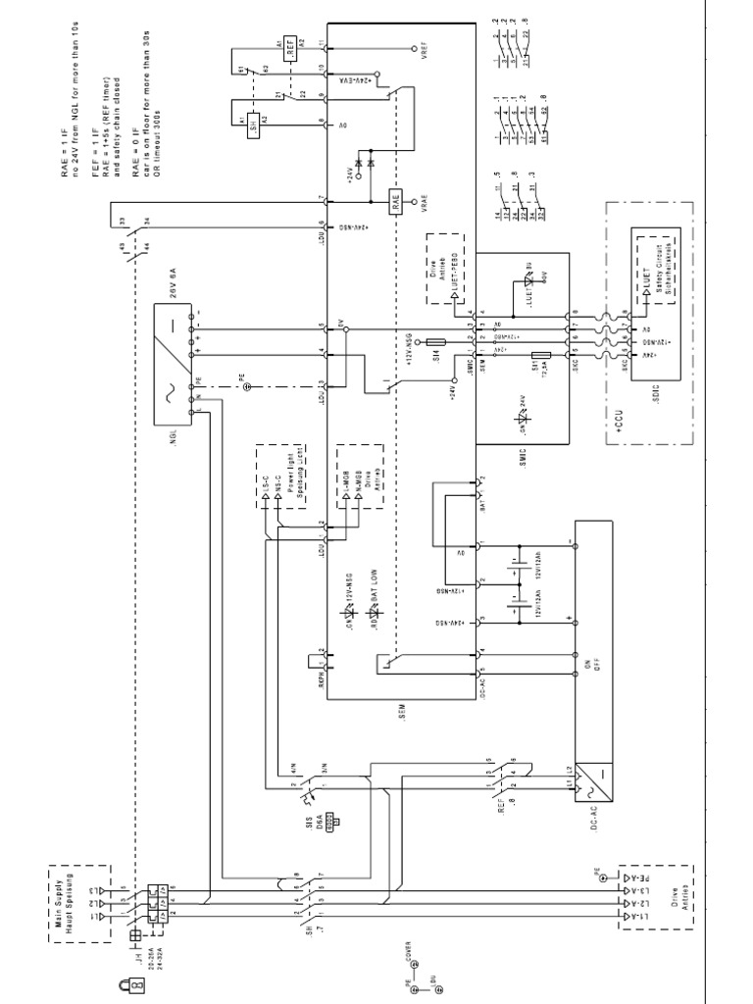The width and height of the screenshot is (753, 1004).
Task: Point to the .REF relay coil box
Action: click(291, 50)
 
